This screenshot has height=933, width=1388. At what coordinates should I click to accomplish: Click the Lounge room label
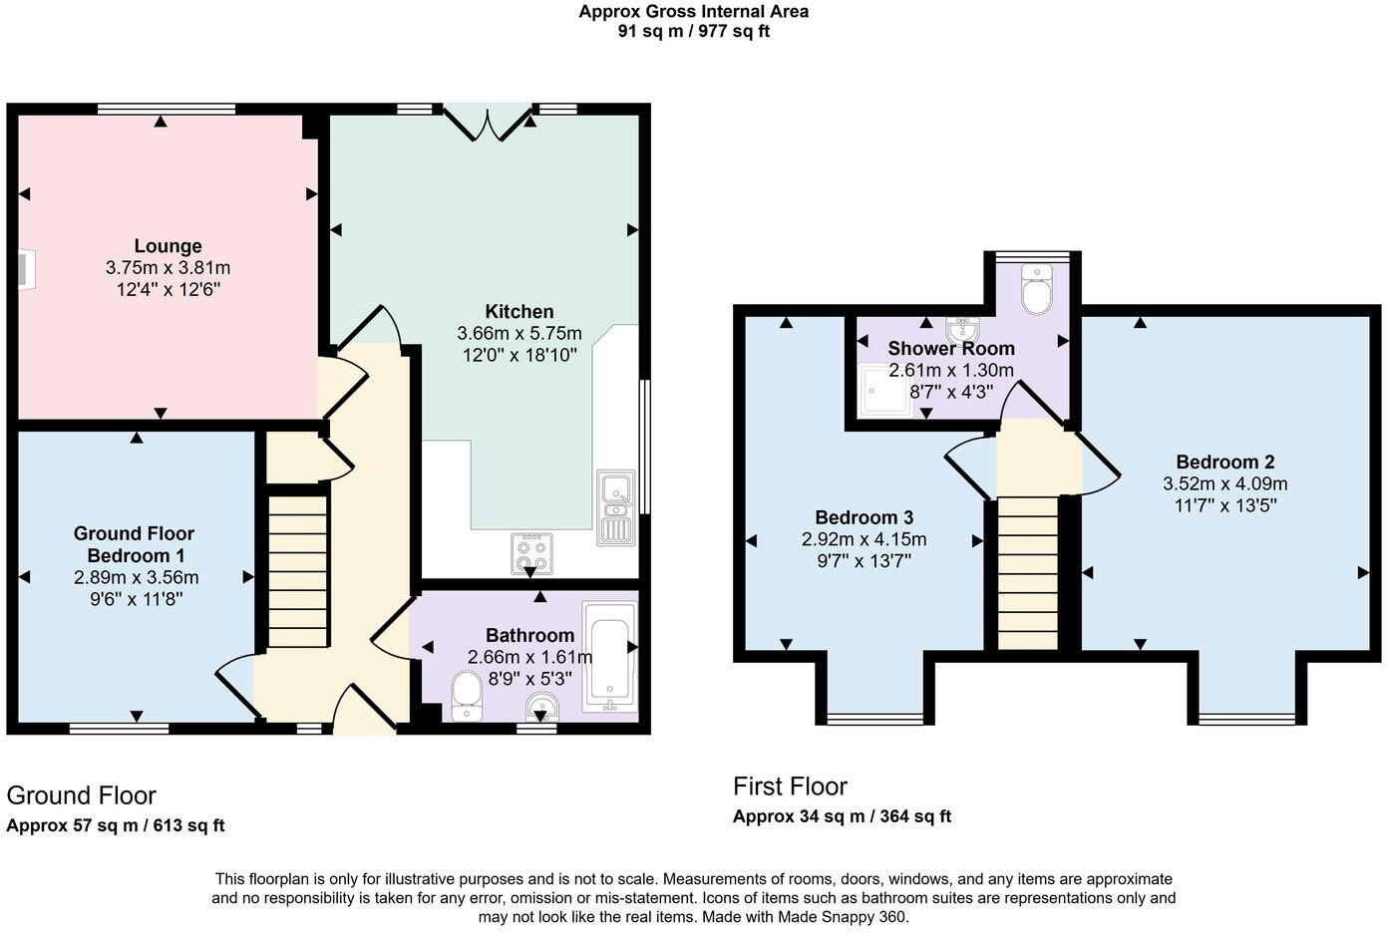[168, 246]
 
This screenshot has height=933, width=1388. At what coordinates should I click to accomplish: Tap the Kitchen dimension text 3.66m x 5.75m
[519, 333]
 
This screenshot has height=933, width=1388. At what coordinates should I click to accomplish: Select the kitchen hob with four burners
[530, 554]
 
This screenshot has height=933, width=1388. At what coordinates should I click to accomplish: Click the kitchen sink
[615, 507]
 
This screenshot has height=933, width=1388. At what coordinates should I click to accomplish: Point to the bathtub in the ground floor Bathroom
[607, 656]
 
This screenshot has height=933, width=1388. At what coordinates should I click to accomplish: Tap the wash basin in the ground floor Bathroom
[542, 707]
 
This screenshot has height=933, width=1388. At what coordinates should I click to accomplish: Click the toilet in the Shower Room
[1037, 289]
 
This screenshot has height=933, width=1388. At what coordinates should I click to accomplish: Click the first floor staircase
[1027, 573]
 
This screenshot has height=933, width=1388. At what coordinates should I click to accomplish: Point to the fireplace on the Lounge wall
[25, 269]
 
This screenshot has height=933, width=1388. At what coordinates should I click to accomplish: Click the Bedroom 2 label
[1224, 462]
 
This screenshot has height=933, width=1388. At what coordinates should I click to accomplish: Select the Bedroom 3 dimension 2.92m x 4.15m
[865, 539]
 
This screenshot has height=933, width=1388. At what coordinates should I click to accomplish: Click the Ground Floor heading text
[81, 795]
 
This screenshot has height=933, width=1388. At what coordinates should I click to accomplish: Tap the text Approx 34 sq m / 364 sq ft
[842, 816]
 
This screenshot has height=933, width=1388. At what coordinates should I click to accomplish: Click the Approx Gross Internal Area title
[693, 12]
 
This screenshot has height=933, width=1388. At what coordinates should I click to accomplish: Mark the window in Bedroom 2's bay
[1246, 718]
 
